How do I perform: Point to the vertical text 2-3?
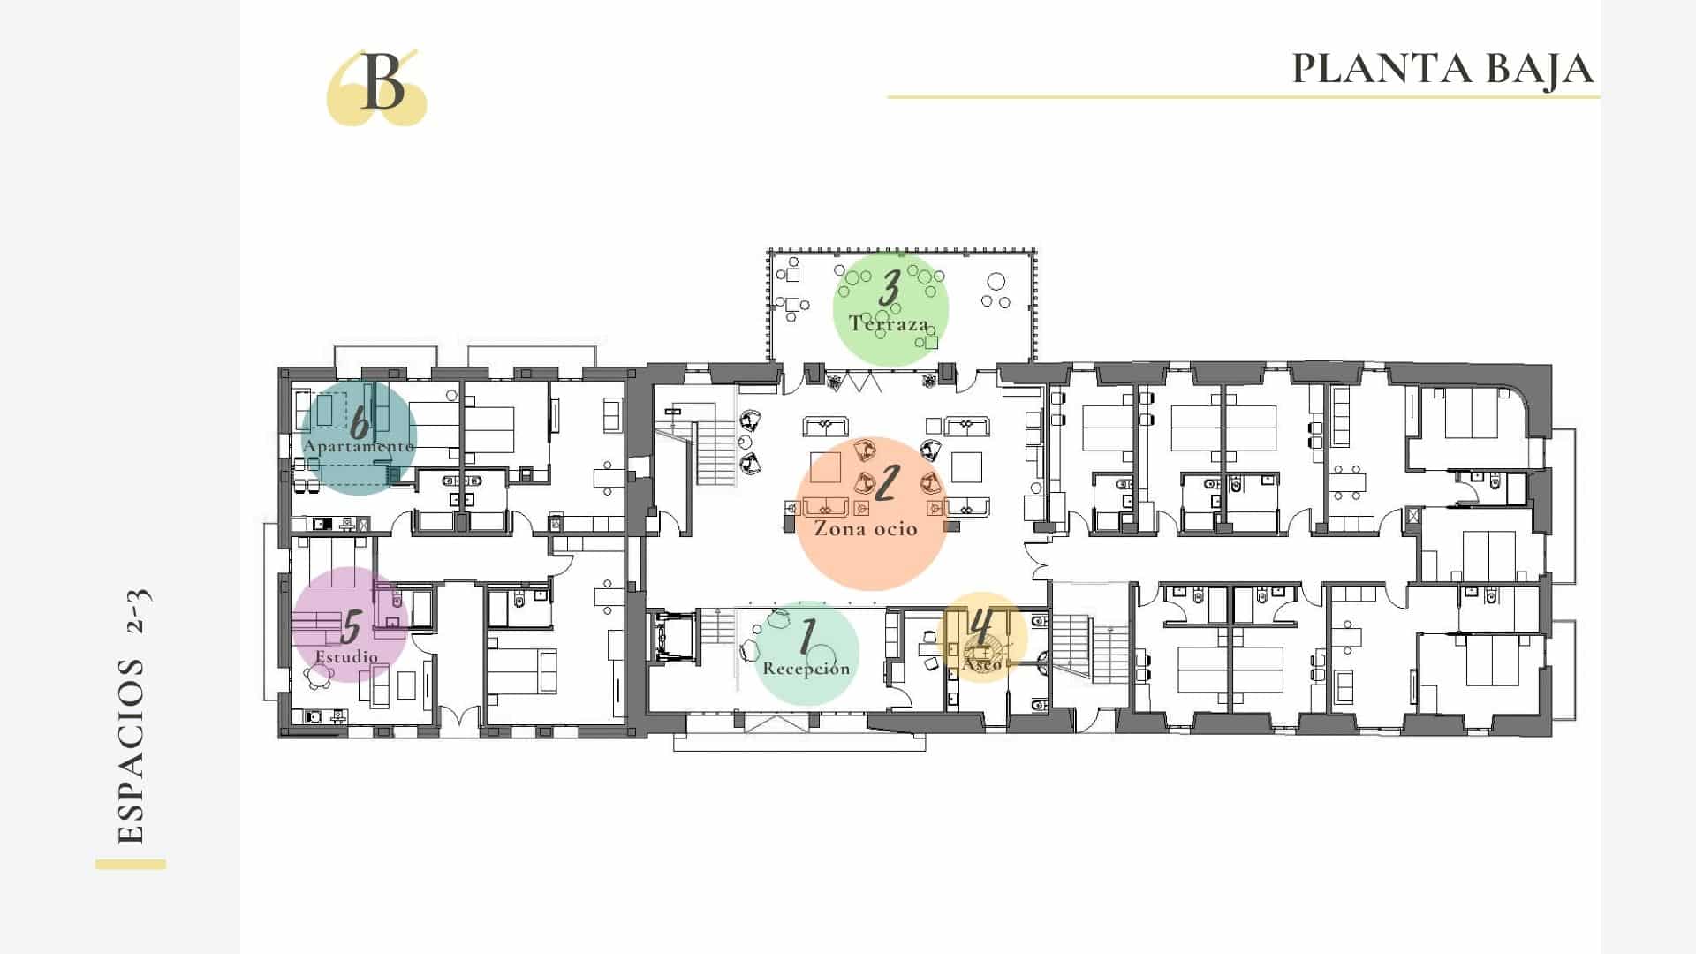[139, 611]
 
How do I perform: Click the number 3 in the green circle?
[890, 288]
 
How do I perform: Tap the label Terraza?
[890, 323]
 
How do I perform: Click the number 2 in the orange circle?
[886, 483]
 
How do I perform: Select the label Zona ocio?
[866, 529]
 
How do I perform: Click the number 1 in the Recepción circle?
[807, 637]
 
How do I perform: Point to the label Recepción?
[806, 669]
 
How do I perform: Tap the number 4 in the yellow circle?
[980, 628]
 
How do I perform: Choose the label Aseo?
[981, 663]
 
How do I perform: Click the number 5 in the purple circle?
[352, 627]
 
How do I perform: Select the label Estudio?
[346, 657]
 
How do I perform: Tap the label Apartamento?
[359, 447]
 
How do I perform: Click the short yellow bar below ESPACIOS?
[131, 865]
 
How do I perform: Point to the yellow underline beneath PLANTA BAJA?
[1244, 97]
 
